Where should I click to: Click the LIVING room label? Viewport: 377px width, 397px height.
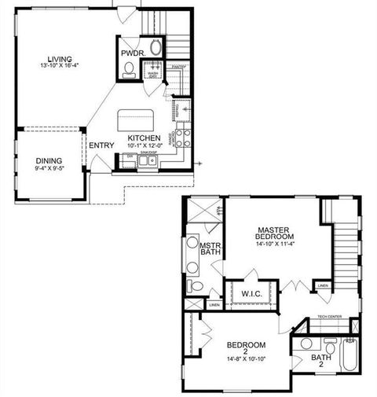[59, 58]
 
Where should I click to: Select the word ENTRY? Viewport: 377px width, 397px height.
[100, 145]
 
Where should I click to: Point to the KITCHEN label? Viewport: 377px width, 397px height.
[145, 137]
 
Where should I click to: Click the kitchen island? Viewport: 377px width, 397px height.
[137, 120]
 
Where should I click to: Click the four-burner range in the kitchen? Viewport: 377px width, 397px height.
[184, 138]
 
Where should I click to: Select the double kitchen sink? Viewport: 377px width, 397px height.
[147, 161]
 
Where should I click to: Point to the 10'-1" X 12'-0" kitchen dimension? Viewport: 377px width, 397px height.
[145, 145]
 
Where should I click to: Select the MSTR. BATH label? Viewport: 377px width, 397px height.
[210, 250]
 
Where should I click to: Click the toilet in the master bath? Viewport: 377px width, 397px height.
[196, 285]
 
